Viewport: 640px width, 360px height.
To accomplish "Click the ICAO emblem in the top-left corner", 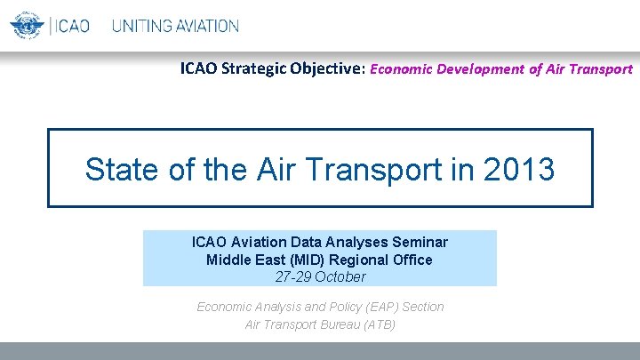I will pyautogui.click(x=27, y=25).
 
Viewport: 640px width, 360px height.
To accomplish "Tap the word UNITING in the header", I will pyautogui.click(x=141, y=26).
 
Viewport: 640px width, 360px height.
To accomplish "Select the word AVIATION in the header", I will pyautogui.click(x=206, y=26).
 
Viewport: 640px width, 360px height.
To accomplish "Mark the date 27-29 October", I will pyautogui.click(x=320, y=276).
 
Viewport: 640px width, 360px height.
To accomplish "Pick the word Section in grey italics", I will pyautogui.click(x=423, y=307).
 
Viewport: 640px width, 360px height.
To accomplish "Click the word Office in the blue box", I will pyautogui.click(x=412, y=260).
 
